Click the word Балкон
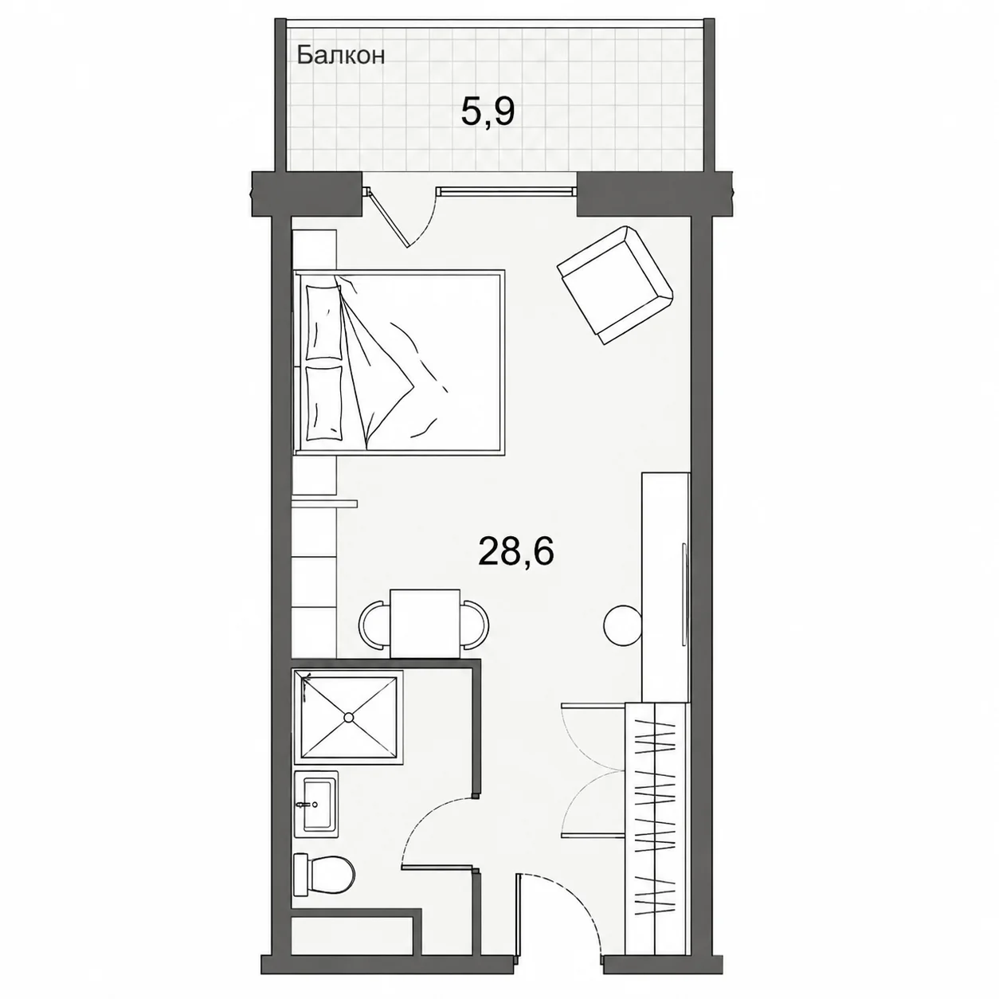341,56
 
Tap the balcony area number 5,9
488,114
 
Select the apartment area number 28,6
516,553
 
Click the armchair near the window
615,284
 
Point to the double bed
398,362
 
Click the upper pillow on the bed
324,322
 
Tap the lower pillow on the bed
324,403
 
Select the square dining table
425,624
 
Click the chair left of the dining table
374,624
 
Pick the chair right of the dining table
475,624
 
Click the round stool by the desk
623,625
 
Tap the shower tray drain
349,717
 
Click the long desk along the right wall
666,588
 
